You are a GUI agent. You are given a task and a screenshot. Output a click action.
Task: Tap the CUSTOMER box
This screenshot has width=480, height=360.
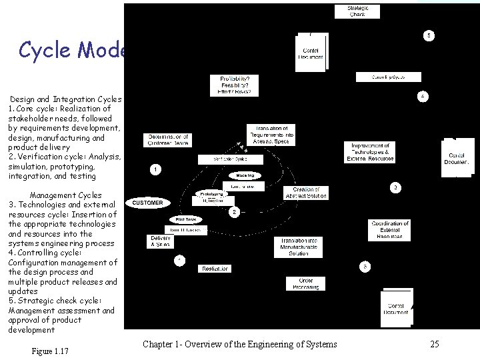tap(147, 203)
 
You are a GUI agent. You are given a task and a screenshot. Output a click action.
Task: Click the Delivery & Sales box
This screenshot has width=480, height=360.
tap(161, 241)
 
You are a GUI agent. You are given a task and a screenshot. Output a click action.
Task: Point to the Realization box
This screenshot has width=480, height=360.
tap(215, 269)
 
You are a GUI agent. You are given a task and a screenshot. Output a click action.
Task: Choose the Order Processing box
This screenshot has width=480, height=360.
tap(306, 283)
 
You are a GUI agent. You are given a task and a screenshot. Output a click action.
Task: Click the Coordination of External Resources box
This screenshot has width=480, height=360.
tap(389, 231)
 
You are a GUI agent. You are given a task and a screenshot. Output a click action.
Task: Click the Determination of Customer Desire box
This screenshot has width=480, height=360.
tap(169, 140)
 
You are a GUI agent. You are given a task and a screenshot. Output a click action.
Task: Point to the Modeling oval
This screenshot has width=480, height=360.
tap(245, 176)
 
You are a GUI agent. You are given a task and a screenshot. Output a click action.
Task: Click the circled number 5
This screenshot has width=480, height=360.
tap(430, 35)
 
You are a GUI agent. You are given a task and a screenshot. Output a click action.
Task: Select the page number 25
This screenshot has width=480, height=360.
tap(434, 344)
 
